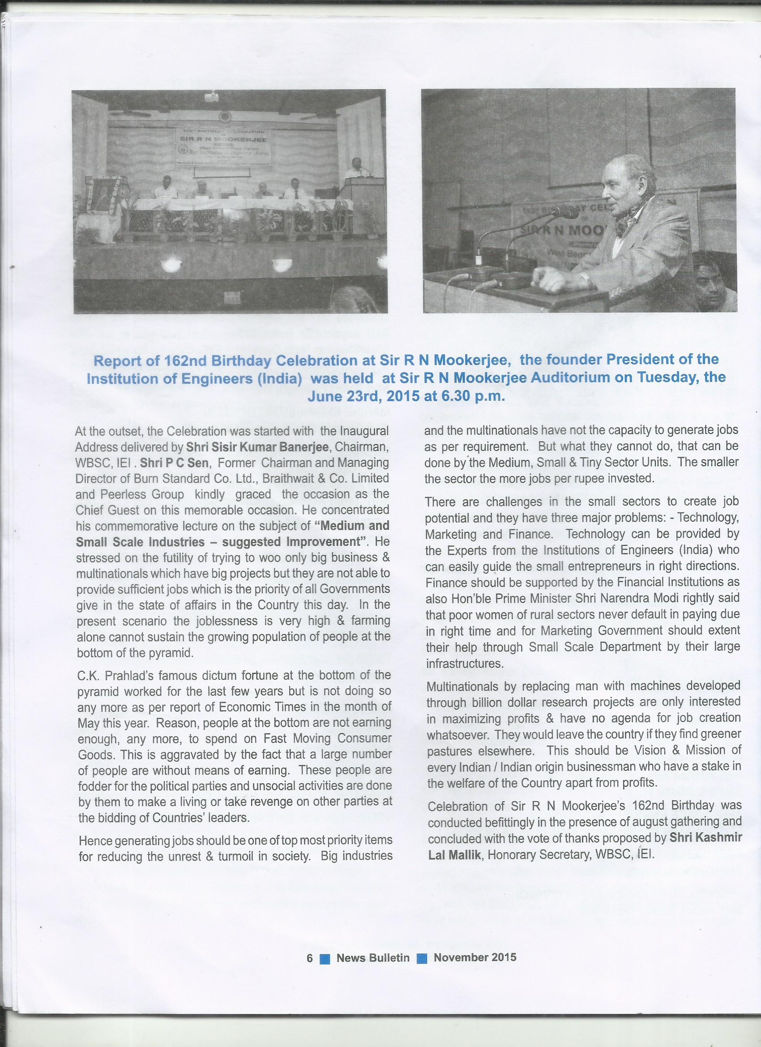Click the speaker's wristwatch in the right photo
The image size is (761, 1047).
pos(586,279)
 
